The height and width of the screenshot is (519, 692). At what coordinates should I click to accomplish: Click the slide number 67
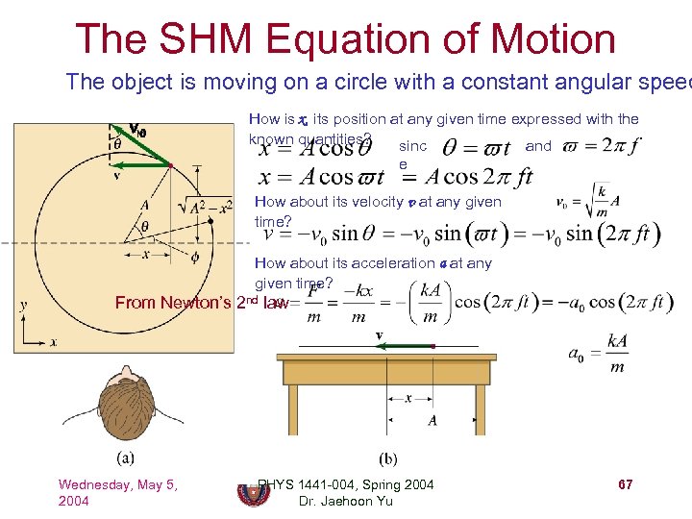[x=625, y=484]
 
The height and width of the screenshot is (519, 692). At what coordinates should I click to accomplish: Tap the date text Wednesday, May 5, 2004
[x=117, y=492]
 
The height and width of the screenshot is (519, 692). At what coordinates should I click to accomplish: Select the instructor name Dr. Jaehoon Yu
[x=346, y=502]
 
